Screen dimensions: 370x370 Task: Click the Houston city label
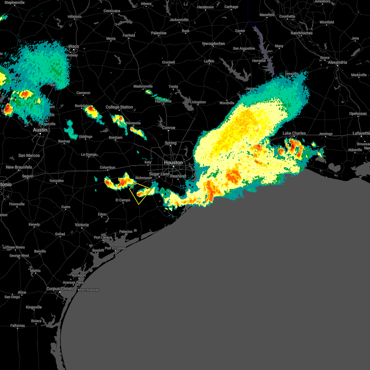173,162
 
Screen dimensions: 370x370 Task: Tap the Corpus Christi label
60,289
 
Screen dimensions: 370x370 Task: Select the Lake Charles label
294,133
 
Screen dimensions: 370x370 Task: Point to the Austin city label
40,130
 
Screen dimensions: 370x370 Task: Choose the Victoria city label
82,225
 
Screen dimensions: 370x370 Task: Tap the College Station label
119,107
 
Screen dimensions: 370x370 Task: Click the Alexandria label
337,62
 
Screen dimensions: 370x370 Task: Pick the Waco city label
74,47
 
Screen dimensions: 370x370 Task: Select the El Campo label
123,200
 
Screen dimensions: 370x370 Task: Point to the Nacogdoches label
213,43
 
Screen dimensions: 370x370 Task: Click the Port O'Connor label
115,248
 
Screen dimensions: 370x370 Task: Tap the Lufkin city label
209,61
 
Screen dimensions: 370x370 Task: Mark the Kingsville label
34,307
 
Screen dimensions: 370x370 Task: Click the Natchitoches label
302,33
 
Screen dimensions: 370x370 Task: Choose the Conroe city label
169,128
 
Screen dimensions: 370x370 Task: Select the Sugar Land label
159,174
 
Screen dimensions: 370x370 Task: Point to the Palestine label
158,33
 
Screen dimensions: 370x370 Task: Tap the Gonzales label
57,181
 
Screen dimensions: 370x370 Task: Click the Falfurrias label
18,326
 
